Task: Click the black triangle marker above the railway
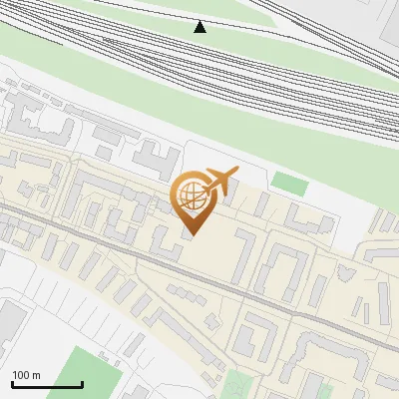tap(200, 27)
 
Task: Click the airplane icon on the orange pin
tap(219, 181)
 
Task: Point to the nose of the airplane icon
tap(236, 171)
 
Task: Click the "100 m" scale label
tap(25, 375)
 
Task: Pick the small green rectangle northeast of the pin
tap(289, 184)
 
